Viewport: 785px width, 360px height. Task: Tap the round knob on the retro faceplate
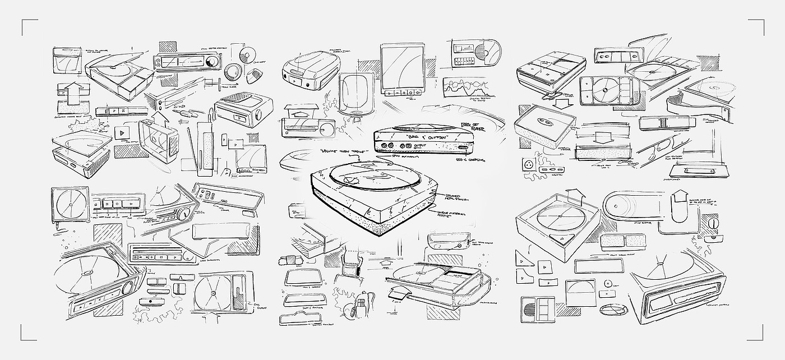click(x=183, y=214)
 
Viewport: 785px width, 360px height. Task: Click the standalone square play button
click(x=120, y=133)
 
